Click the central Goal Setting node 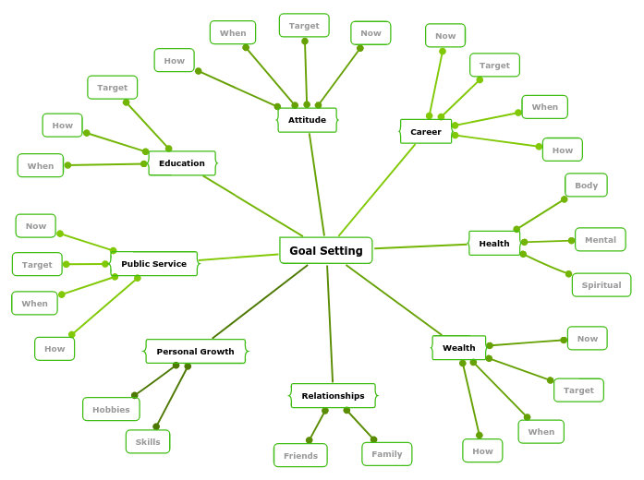click(x=326, y=250)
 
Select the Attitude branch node click(x=307, y=120)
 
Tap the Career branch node click(x=426, y=132)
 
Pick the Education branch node click(x=182, y=163)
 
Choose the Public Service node click(x=153, y=264)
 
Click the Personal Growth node click(x=195, y=352)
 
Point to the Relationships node click(x=333, y=396)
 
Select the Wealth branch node click(x=458, y=348)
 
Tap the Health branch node click(x=494, y=244)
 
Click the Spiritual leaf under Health click(x=601, y=285)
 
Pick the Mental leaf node click(x=601, y=240)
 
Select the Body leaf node click(x=586, y=186)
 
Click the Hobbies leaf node click(x=111, y=410)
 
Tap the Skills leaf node click(x=148, y=442)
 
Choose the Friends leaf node click(x=300, y=456)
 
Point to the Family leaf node click(x=387, y=454)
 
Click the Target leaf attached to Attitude click(x=304, y=26)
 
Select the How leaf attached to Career click(x=563, y=150)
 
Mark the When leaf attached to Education click(x=41, y=166)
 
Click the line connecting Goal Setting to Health click(x=420, y=246)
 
